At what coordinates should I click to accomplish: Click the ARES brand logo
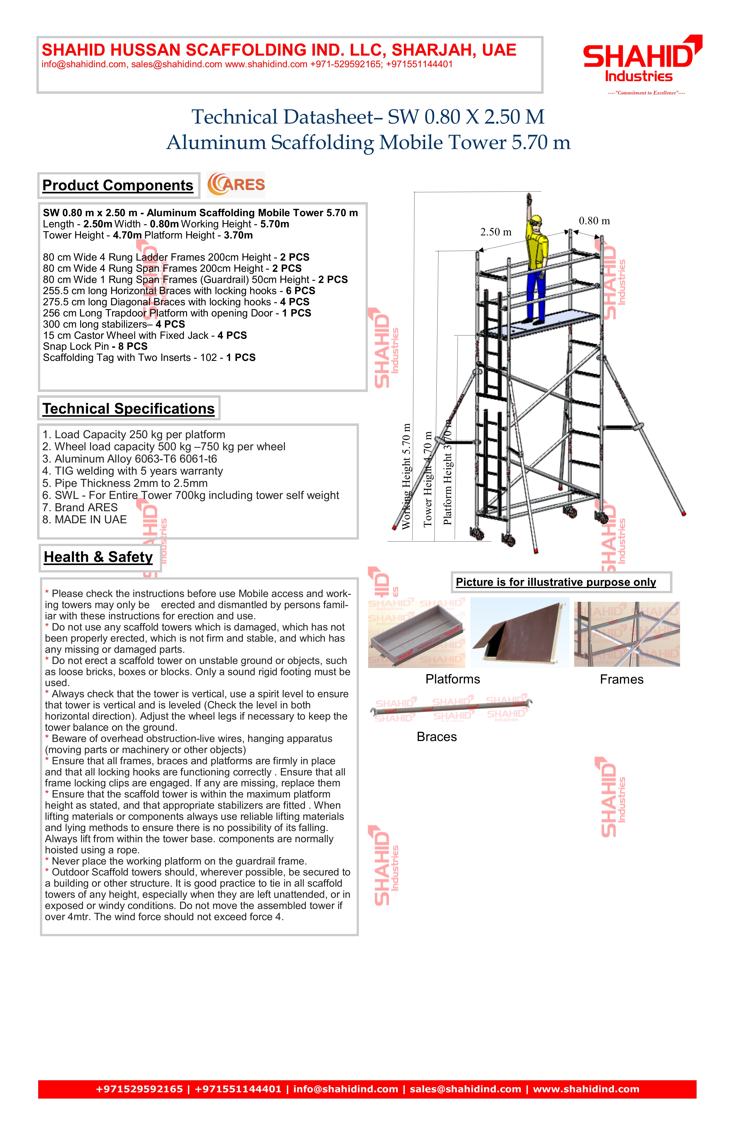pos(236,185)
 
